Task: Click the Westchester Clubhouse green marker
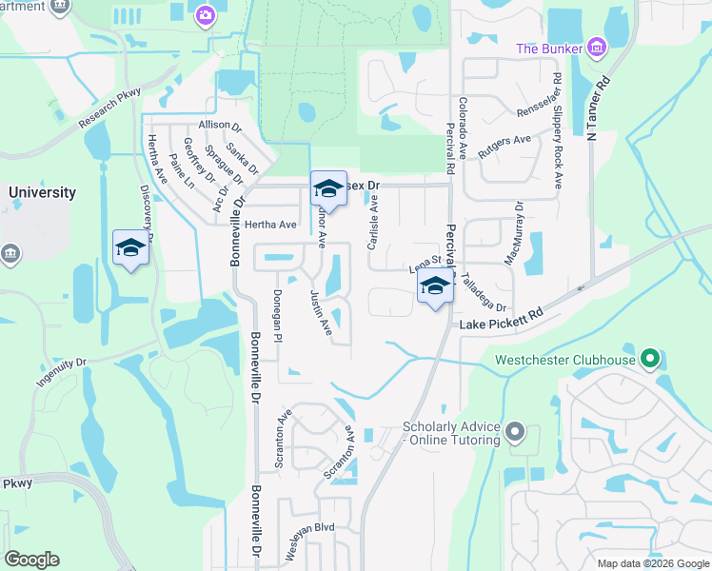pos(651,360)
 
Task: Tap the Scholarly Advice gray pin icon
pos(515,433)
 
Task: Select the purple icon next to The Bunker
pos(597,47)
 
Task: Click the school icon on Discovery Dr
pos(130,249)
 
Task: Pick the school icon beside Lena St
pos(435,286)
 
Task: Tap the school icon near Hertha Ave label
pos(328,188)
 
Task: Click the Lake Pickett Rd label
pos(501,319)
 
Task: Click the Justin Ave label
pos(321,313)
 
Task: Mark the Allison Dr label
pos(220,126)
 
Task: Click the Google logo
pos(31,560)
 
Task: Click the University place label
pos(42,192)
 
